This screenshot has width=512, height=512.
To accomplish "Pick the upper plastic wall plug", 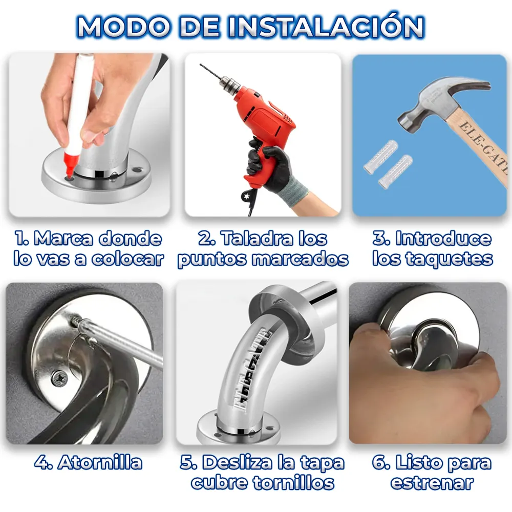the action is [x=381, y=156].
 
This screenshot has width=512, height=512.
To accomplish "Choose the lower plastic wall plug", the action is [x=395, y=171].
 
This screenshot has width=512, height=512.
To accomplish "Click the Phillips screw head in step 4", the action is [x=59, y=379].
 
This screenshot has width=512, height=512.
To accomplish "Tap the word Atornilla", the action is [x=100, y=462].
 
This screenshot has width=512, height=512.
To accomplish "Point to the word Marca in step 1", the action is [x=63, y=239].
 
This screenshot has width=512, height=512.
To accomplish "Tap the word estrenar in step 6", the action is [x=432, y=483].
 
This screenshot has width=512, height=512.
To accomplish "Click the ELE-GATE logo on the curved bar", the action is [x=252, y=371].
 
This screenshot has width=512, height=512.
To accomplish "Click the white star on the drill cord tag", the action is [x=245, y=196].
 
